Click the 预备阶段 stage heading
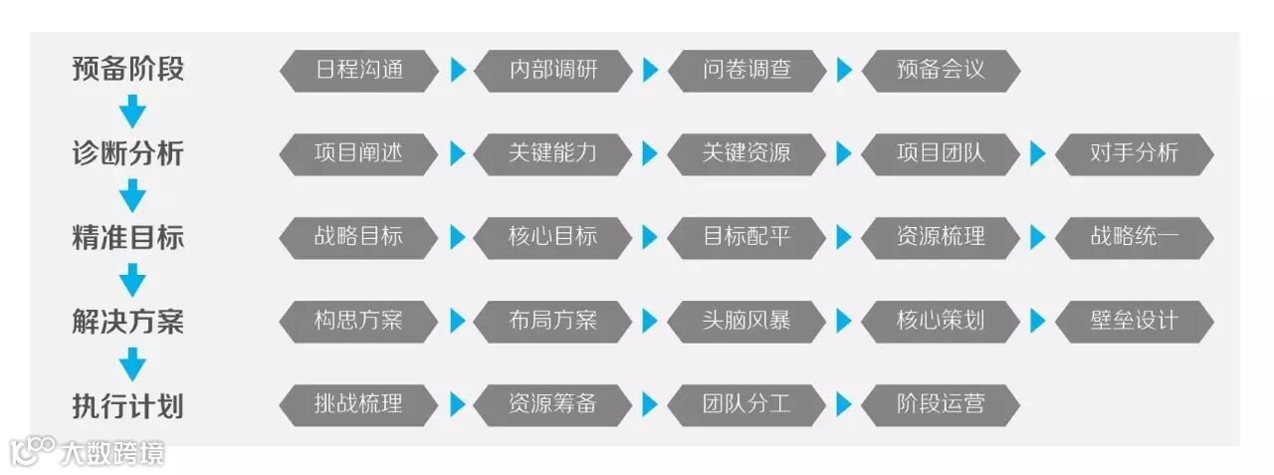tap(127, 70)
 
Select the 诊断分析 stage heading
tap(127, 153)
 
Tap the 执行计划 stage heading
tap(127, 405)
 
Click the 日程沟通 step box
tap(358, 71)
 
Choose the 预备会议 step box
tap(941, 71)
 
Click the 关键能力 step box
tap(552, 153)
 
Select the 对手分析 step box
tap(1134, 153)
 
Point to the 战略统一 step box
tap(1134, 237)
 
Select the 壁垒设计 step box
tap(1134, 321)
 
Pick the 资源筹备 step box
tap(552, 404)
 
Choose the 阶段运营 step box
tap(941, 404)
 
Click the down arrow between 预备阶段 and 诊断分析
tap(131, 112)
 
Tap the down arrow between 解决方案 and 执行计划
tap(131, 363)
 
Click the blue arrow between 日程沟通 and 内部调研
tap(458, 71)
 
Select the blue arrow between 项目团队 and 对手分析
tap(1038, 153)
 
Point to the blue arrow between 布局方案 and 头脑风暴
tap(651, 321)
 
